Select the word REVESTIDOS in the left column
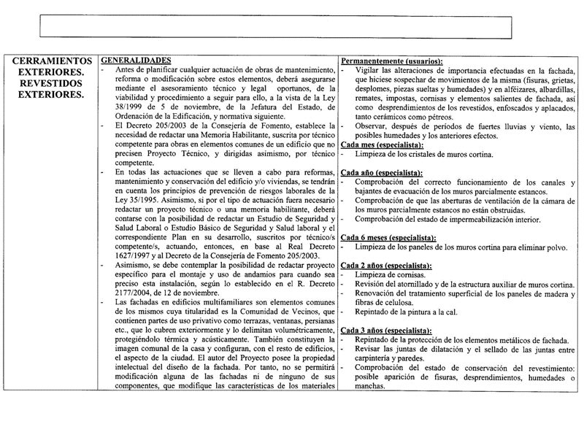[52, 83]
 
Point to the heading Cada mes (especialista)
[382, 144]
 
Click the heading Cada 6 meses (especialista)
[388, 239]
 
